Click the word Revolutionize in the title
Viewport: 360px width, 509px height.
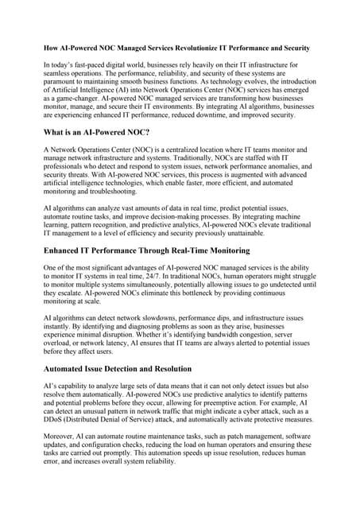196,49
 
